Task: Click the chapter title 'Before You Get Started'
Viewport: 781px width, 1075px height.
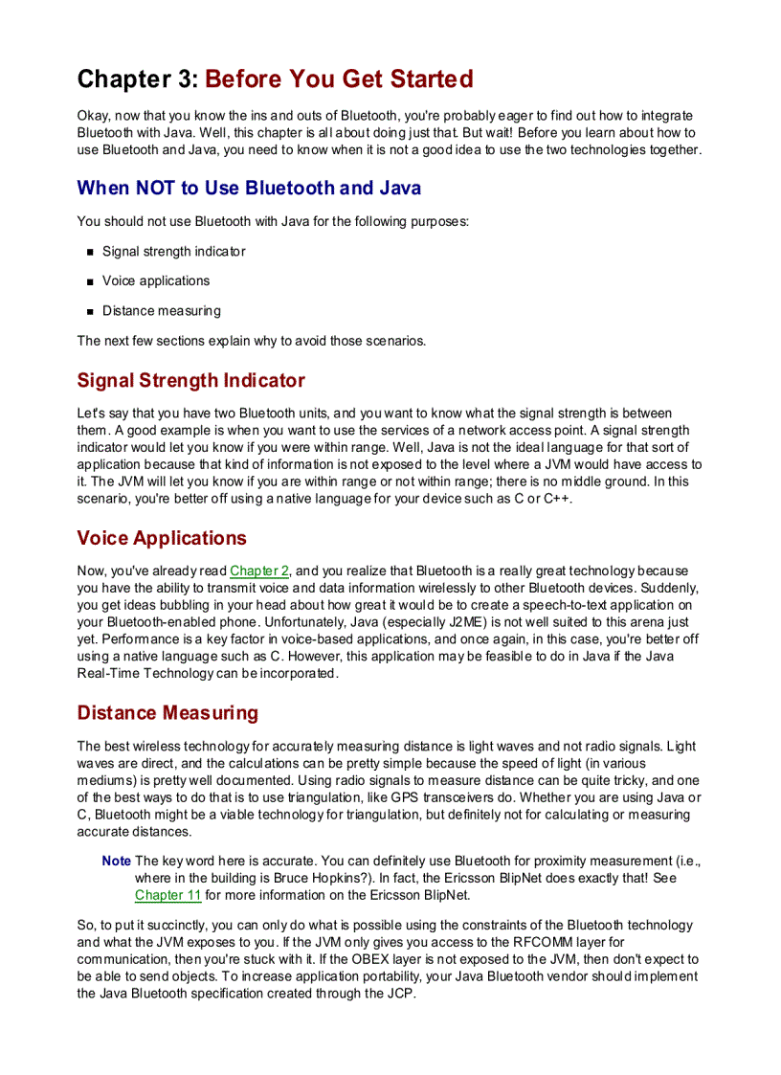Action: pyautogui.click(x=339, y=78)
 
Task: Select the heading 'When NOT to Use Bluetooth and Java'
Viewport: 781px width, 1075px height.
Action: pyautogui.click(x=249, y=188)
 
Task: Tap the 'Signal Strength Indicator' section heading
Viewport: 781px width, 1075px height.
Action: pyautogui.click(x=190, y=380)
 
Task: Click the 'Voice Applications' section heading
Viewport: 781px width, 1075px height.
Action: pyautogui.click(x=162, y=538)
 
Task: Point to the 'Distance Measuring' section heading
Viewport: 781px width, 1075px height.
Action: pyautogui.click(x=167, y=713)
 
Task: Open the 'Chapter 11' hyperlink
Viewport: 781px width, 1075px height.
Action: pyautogui.click(x=167, y=896)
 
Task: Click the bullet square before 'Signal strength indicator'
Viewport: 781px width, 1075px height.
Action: pyautogui.click(x=91, y=253)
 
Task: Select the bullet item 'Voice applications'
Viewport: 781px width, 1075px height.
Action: pyautogui.click(x=156, y=281)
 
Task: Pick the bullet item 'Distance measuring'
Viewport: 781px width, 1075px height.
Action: pyautogui.click(x=161, y=311)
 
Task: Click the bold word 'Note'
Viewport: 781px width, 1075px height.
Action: pyautogui.click(x=116, y=862)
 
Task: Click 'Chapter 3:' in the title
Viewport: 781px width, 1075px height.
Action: pyautogui.click(x=138, y=78)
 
